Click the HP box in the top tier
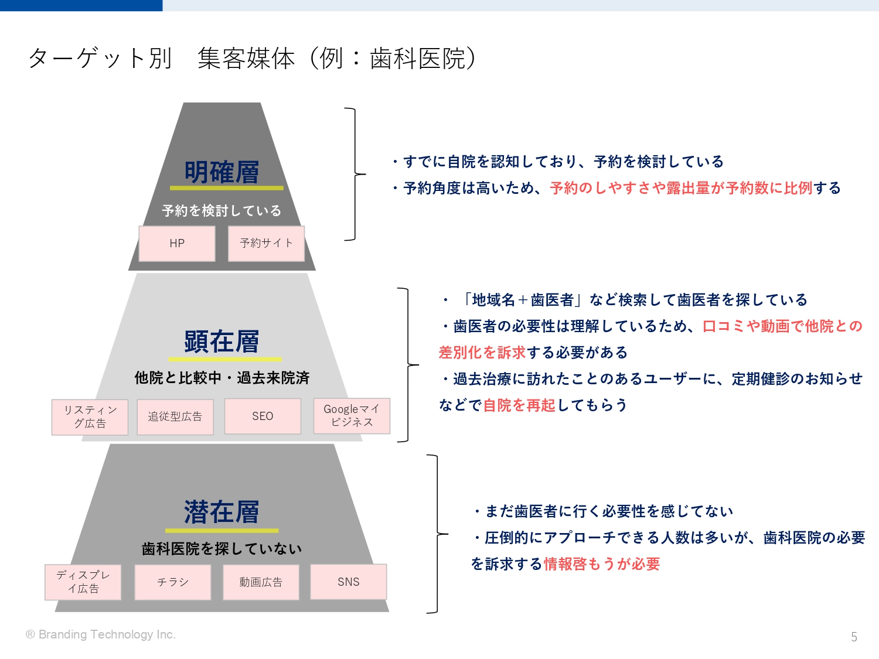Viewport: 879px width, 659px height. point(177,244)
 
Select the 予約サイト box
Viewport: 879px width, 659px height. point(266,244)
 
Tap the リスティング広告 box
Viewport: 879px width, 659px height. point(90,417)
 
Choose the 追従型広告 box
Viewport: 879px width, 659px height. point(175,416)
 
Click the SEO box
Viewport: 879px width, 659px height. point(263,416)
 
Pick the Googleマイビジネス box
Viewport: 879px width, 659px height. point(352,416)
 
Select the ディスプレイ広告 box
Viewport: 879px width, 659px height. point(83,582)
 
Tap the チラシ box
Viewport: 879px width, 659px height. point(173,582)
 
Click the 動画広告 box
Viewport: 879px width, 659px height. point(261,582)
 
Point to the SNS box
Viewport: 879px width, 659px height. point(349,582)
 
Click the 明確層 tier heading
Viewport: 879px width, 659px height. point(222,172)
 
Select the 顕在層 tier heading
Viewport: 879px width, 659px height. point(222,342)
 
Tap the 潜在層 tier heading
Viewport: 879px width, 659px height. point(222,512)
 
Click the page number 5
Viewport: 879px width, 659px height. point(854,637)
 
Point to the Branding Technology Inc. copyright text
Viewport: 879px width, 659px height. point(101,634)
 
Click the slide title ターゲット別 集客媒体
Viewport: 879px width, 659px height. point(253,59)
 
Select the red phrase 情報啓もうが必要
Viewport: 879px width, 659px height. point(601,564)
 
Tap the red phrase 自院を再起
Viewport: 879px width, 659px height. point(519,405)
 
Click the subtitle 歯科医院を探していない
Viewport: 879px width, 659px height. point(222,549)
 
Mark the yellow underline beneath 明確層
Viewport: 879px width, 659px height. point(227,187)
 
